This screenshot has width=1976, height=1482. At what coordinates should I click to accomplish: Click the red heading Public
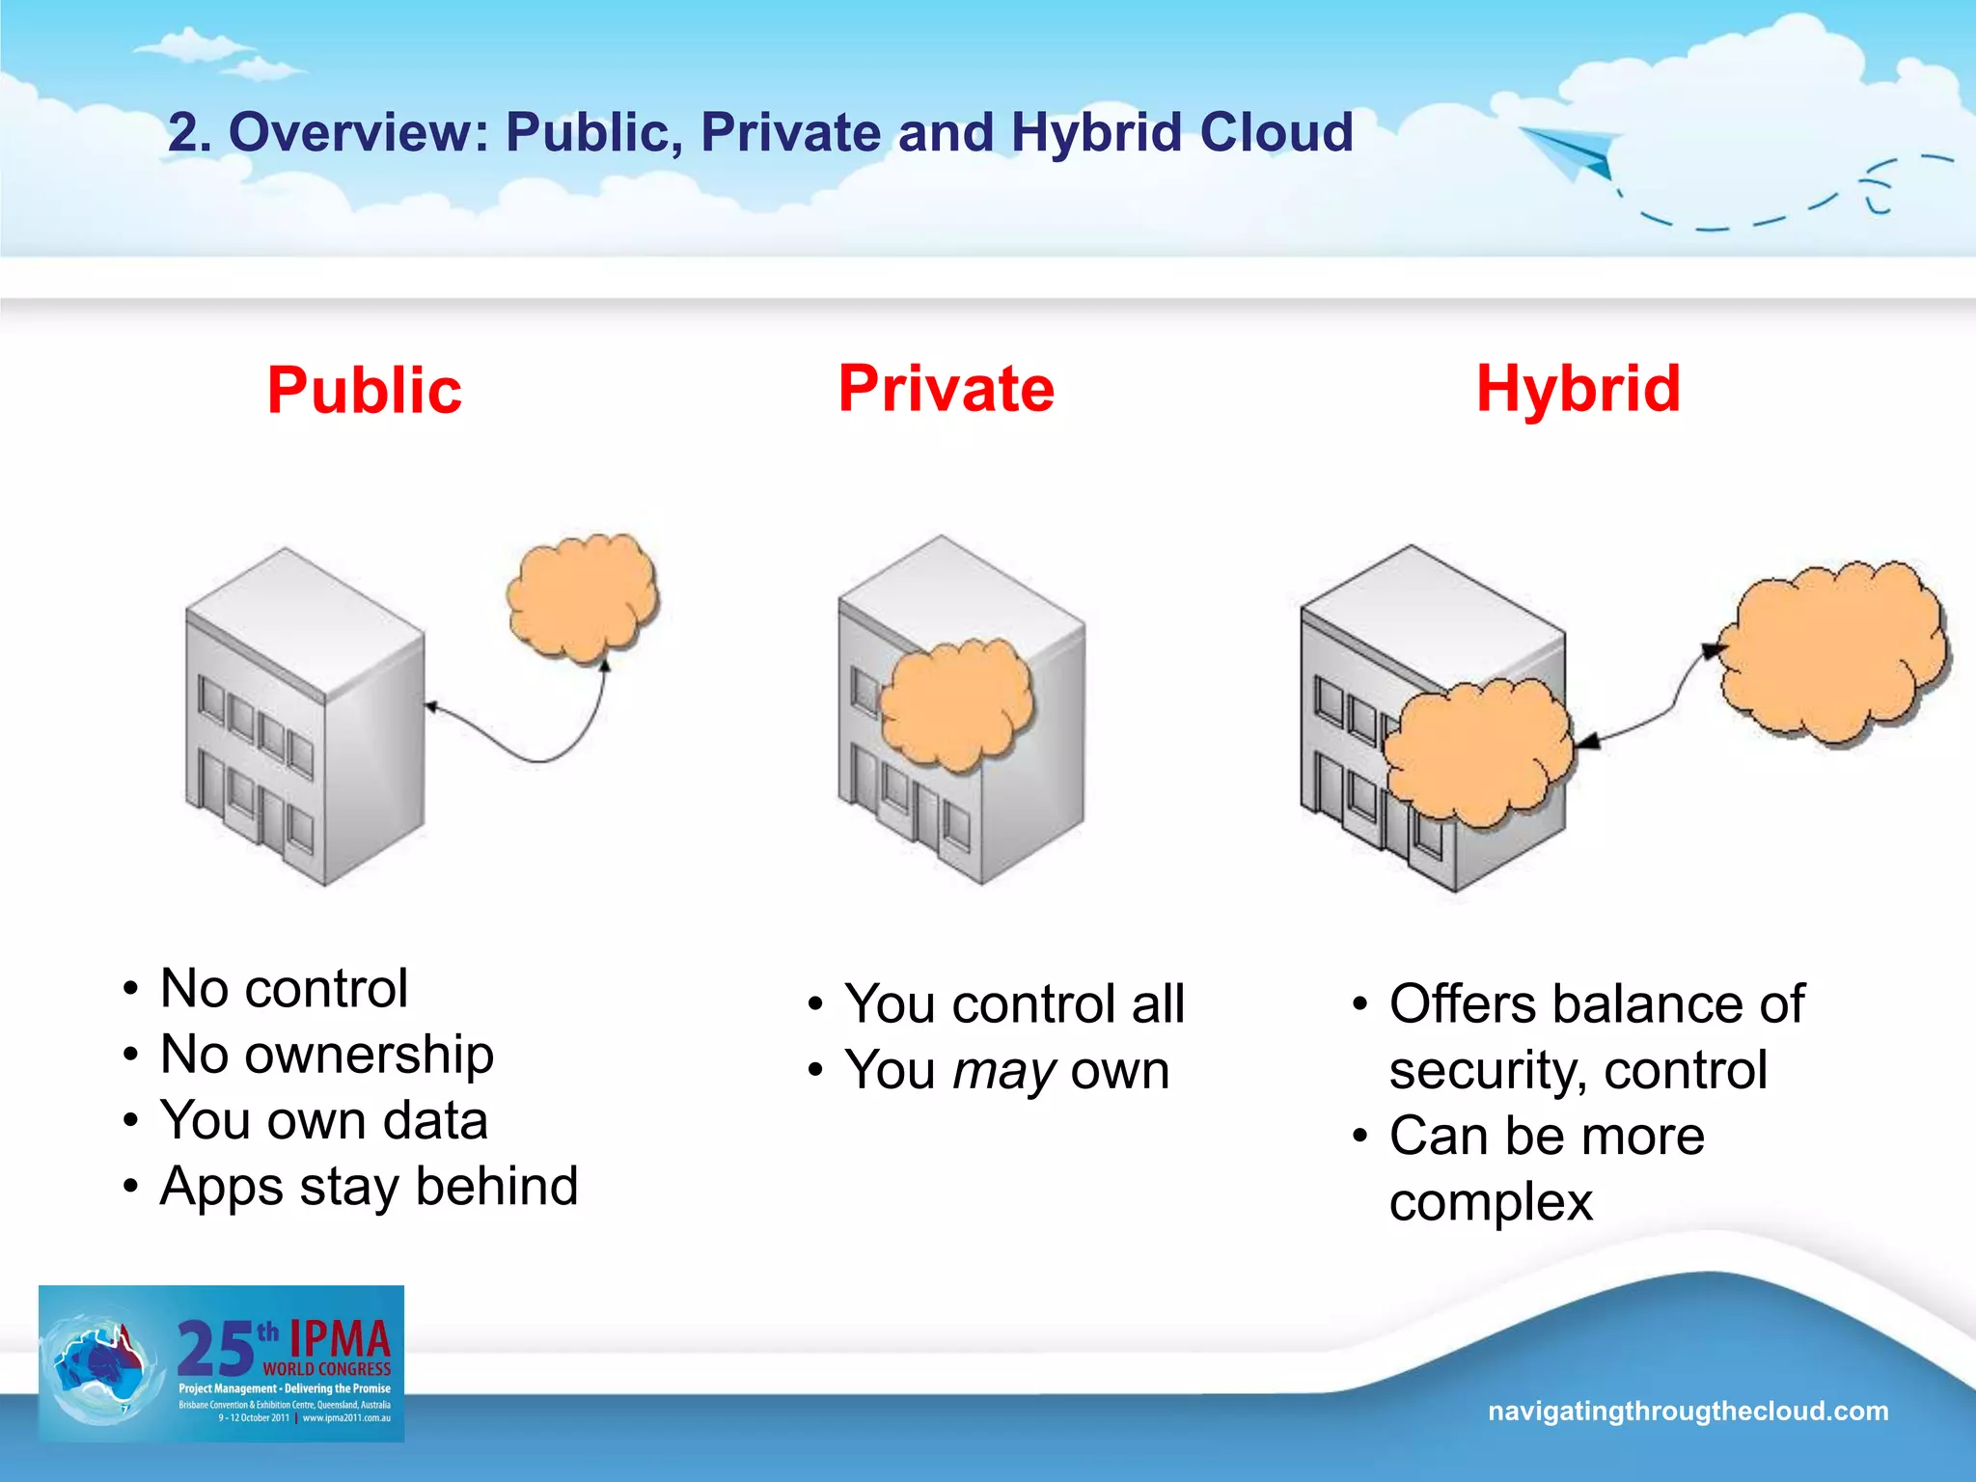[x=365, y=391]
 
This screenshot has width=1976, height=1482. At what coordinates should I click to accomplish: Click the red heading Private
[x=947, y=389]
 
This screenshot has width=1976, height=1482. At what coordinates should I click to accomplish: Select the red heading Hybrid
[x=1578, y=389]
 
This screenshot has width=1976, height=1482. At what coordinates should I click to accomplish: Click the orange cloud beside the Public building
[x=582, y=596]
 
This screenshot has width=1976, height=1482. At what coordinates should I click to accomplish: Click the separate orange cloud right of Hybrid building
[x=1833, y=652]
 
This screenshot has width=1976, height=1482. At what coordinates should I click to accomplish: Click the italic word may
[x=1004, y=1071]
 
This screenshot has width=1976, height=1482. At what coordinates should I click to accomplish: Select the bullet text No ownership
[x=326, y=1054]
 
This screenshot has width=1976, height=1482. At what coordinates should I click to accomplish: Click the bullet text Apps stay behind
[x=369, y=1187]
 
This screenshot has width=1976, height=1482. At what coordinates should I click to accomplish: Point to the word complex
[x=1491, y=1203]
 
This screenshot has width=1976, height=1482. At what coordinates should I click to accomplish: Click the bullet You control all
[x=1013, y=1003]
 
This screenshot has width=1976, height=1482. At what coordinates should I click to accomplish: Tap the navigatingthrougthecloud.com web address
[x=1688, y=1411]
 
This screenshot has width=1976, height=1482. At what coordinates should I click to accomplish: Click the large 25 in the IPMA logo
[x=215, y=1349]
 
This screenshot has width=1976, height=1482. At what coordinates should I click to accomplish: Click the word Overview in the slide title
[x=359, y=132]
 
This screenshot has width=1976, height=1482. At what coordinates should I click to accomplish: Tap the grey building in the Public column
[x=305, y=719]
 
